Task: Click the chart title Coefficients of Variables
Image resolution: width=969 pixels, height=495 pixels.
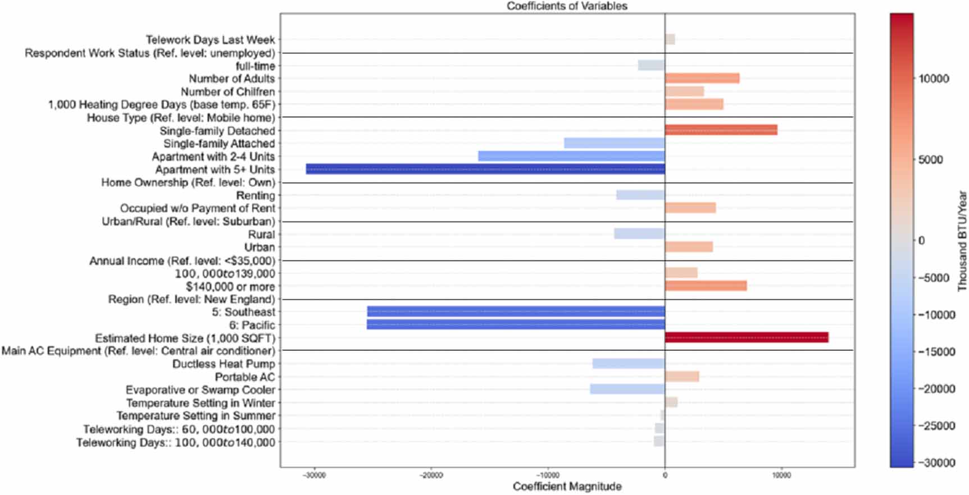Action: tap(567, 6)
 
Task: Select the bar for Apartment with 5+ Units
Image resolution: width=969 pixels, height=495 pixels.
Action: tap(485, 169)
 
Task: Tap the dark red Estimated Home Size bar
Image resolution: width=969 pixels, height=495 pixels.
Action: tap(747, 337)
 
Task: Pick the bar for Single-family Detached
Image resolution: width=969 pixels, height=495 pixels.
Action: tap(721, 130)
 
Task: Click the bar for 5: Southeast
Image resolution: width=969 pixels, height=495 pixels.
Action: tap(516, 311)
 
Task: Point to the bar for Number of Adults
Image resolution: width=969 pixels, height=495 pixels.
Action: tap(702, 79)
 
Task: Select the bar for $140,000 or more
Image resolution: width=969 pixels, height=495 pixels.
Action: tap(706, 286)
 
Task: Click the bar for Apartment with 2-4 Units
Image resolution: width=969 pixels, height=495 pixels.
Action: tap(571, 156)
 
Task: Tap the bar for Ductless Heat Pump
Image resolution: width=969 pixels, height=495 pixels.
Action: tap(629, 364)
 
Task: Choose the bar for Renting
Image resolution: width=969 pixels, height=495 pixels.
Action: tap(640, 195)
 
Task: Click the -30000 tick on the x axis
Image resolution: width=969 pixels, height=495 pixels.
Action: tap(314, 475)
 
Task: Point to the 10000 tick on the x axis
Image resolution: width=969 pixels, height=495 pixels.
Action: tap(781, 475)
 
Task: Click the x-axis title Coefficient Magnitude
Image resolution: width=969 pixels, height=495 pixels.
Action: tap(567, 487)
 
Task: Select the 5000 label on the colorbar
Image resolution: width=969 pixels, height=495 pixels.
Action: tap(931, 160)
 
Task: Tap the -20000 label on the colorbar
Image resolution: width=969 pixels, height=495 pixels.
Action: tap(936, 389)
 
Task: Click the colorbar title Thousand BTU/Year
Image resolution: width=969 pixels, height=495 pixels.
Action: tap(962, 241)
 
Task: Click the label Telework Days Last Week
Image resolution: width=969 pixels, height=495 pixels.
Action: tap(211, 40)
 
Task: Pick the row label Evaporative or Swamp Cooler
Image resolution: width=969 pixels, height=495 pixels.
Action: tap(201, 390)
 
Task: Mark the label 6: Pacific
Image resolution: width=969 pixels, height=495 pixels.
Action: tap(252, 325)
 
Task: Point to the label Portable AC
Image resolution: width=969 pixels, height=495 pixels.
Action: tap(245, 377)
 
